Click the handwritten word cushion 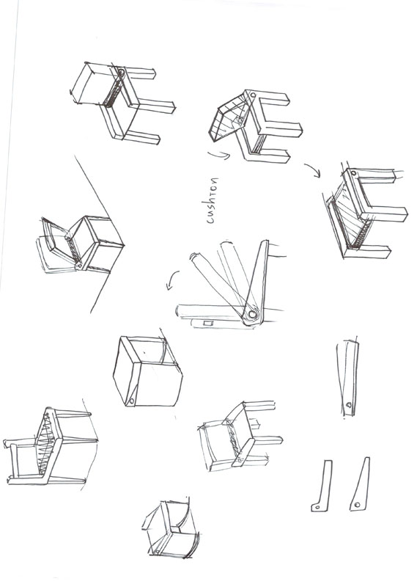[x=213, y=198]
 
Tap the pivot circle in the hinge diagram [x=251, y=314]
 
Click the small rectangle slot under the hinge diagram [x=207, y=322]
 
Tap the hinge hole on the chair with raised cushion [x=253, y=96]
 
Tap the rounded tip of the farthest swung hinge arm [x=194, y=258]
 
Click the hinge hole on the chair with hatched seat [x=354, y=174]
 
